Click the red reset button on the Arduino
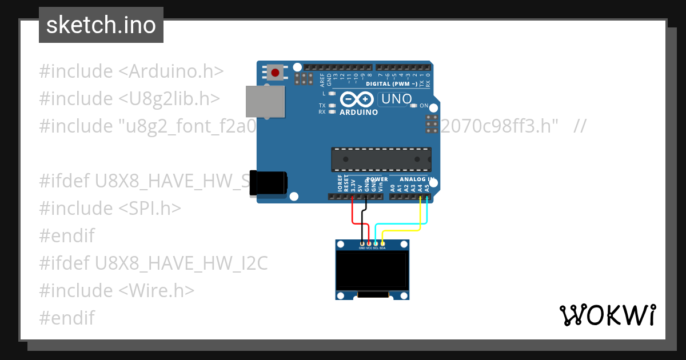pos(276,73)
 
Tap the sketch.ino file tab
pos(101,25)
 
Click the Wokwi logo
pos(607,315)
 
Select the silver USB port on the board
pos(265,102)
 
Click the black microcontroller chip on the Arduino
pos(381,159)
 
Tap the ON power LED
pos(414,106)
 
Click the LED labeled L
pos(332,93)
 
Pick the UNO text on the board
pos(396,99)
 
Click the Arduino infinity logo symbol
pos(356,99)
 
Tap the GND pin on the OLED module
pos(362,244)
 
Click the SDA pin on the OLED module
pos(382,244)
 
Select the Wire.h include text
pos(157,290)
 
